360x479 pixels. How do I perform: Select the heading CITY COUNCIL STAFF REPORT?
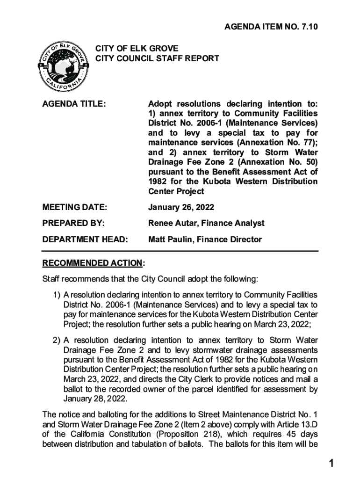click(x=158, y=58)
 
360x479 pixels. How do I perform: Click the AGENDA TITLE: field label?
click(x=74, y=103)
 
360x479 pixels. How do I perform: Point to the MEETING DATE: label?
click(x=75, y=207)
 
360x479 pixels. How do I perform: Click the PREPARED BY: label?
click(x=73, y=223)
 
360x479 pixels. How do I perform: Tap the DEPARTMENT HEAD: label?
click(x=85, y=239)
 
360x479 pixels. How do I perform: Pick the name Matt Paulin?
click(x=170, y=239)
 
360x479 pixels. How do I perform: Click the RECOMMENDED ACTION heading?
click(x=93, y=263)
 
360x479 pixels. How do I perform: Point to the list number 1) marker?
click(x=56, y=295)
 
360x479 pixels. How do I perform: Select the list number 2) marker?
click(x=56, y=340)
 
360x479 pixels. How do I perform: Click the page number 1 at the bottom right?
click(x=331, y=464)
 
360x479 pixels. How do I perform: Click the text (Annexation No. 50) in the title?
click(x=277, y=162)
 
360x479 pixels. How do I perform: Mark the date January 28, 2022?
click(x=95, y=399)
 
